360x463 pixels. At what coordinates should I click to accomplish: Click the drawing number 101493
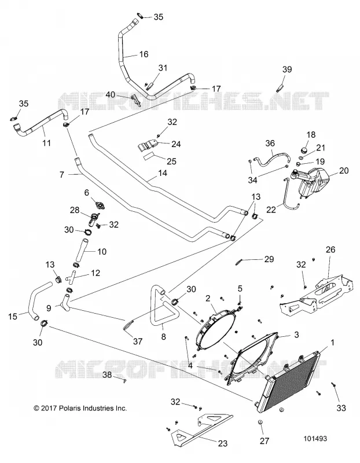coord(315,439)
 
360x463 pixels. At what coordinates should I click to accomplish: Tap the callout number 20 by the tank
coord(344,171)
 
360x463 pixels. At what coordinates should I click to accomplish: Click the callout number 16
coord(144,54)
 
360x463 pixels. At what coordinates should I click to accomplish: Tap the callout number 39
coord(287,69)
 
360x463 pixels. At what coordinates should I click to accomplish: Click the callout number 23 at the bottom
coord(223,443)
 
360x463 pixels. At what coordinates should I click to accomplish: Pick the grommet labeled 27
coord(260,423)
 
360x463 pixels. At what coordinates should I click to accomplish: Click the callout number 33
coord(341,408)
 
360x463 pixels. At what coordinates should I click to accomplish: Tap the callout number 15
coord(13,317)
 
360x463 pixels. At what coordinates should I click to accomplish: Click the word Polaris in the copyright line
coord(70,409)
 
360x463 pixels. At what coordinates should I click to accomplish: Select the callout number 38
coord(107,374)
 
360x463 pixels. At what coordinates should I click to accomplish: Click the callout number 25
coord(171,161)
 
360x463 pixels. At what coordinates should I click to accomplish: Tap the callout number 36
coord(270,143)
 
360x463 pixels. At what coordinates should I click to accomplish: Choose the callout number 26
coord(330,249)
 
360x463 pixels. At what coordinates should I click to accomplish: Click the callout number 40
coord(111,94)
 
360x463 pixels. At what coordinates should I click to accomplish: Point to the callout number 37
coord(138,341)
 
